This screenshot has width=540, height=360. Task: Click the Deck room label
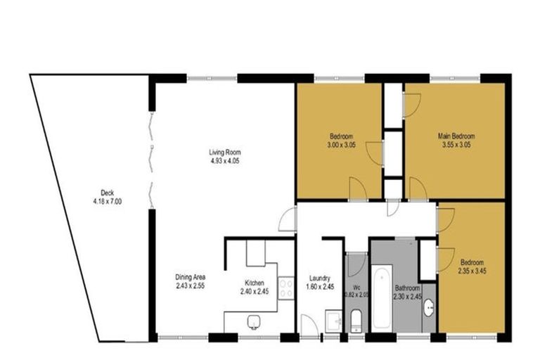coord(107,193)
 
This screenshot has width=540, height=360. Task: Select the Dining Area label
coord(188,278)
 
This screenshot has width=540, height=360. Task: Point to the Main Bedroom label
coord(456,136)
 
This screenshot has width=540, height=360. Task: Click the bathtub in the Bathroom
coord(381,296)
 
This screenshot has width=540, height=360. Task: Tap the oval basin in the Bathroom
coord(429,308)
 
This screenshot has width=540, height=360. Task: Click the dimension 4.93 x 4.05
coord(224,160)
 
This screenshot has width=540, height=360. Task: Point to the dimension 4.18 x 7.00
coord(107,201)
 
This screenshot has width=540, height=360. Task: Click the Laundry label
coord(320,278)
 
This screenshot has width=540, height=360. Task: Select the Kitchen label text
coord(253,283)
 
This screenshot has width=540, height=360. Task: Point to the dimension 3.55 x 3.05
coord(456,144)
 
